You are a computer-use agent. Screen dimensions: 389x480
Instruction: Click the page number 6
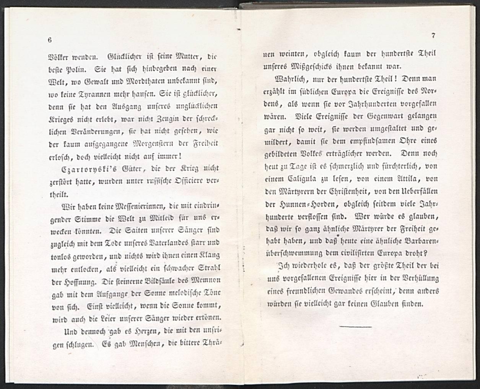(x=50, y=40)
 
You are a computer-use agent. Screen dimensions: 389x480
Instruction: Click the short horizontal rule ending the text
(x=355, y=327)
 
